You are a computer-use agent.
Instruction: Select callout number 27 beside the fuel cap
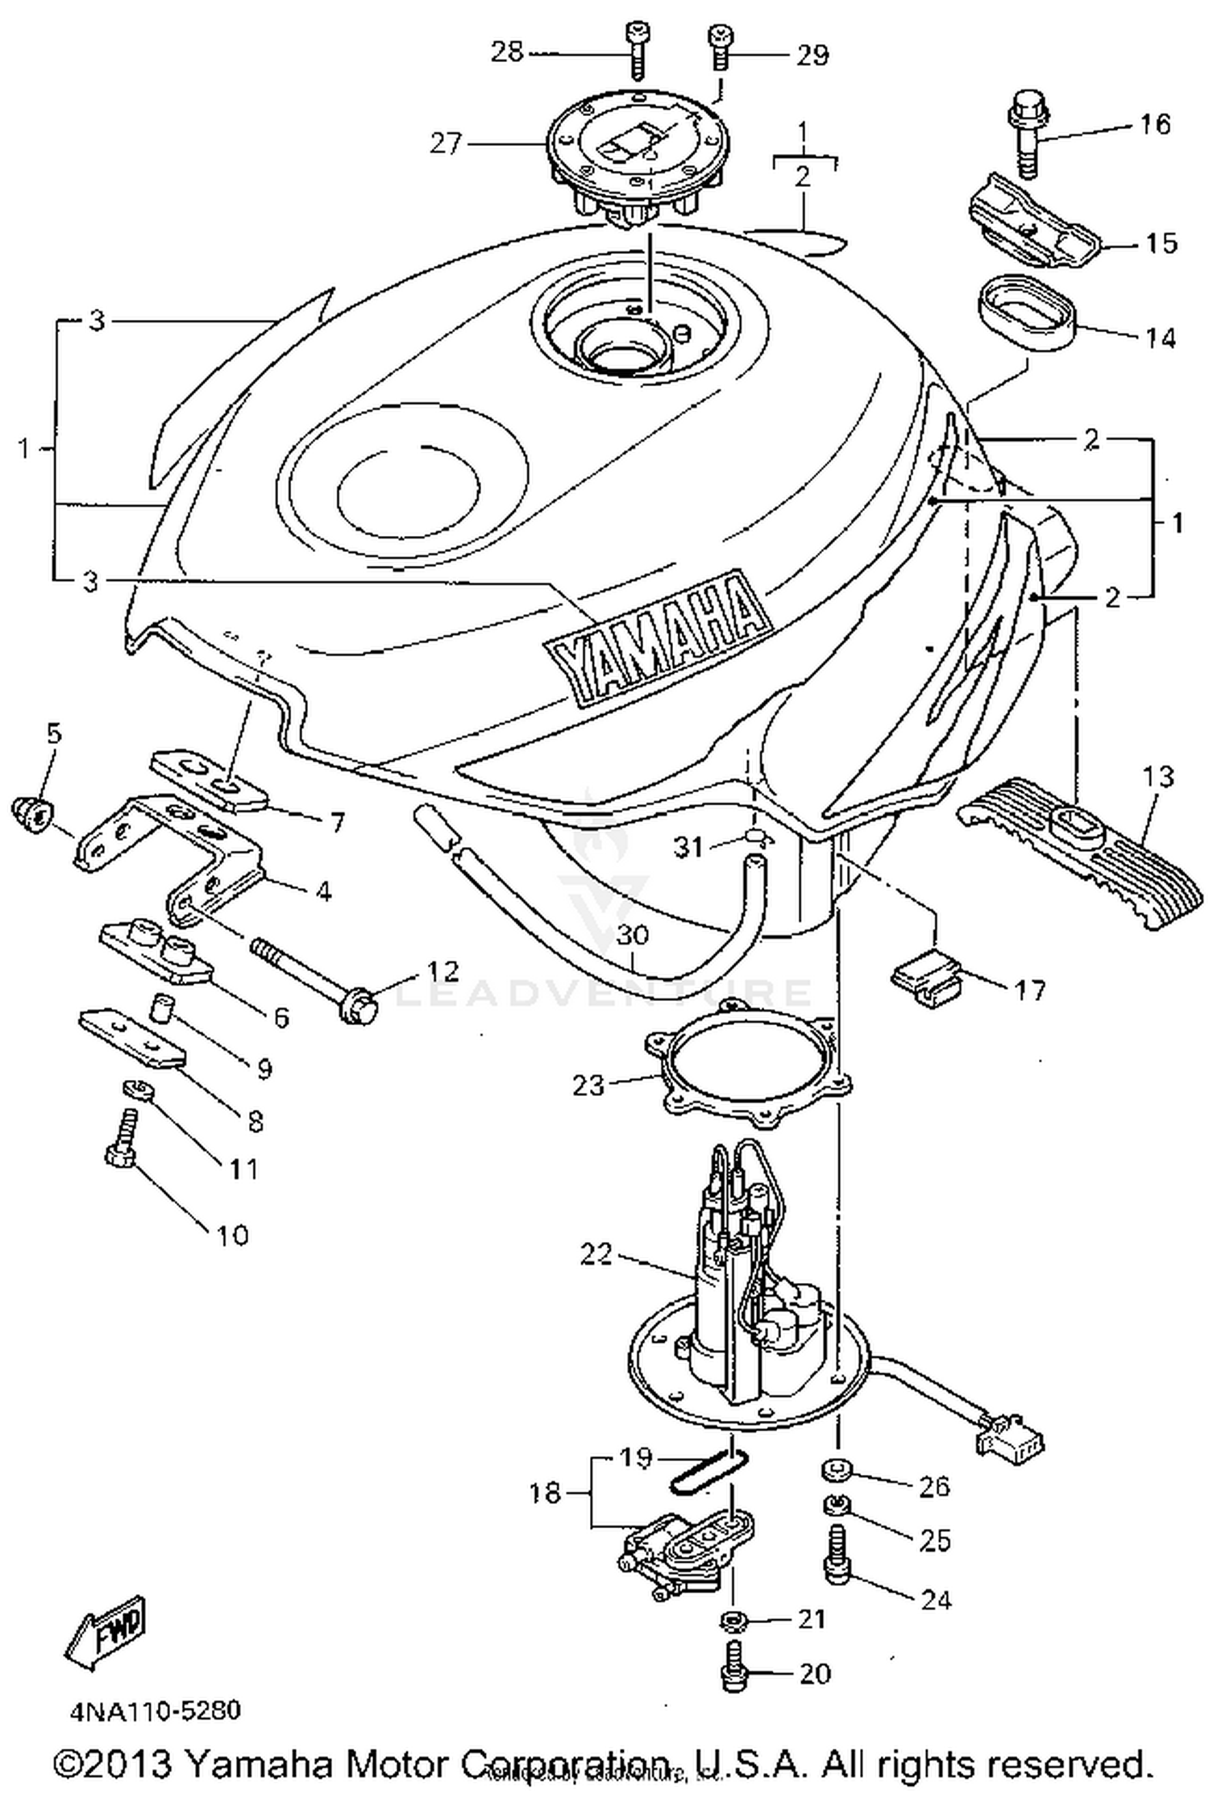(446, 144)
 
